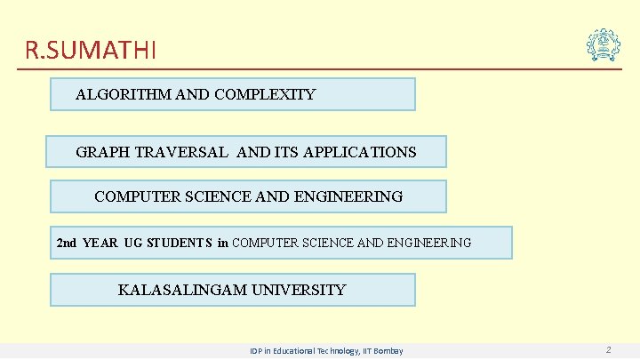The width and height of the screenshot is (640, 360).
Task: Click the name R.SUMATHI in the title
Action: [x=91, y=50]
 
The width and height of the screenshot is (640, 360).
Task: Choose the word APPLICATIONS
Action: [x=359, y=152]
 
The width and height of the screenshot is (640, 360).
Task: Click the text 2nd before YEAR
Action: [x=67, y=243]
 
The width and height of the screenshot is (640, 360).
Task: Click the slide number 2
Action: [x=608, y=350]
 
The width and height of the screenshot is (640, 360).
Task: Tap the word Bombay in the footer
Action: [x=388, y=351]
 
